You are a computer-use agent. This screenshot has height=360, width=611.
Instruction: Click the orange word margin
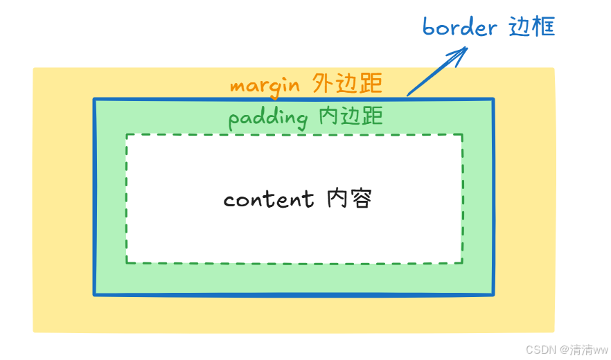pos(265,85)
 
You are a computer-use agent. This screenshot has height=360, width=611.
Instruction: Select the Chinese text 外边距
pos(347,83)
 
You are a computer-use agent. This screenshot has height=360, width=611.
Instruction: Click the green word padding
pos(267,118)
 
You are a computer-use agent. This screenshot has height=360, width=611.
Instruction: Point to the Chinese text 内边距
pos(351,116)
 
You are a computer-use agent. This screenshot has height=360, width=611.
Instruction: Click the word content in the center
pos(269,199)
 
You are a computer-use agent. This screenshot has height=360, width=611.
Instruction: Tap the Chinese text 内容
pos(351,199)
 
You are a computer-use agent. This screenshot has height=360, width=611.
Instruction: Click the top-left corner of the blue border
pos(95,100)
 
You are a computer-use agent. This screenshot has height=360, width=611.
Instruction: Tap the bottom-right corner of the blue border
pos(493,294)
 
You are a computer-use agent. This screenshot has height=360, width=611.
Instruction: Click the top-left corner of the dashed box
pos(127,135)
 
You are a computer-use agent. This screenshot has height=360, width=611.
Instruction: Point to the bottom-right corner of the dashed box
pos(462,262)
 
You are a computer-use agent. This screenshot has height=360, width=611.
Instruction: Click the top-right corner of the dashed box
pos(462,135)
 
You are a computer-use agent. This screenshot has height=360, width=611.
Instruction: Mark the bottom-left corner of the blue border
pos(95,294)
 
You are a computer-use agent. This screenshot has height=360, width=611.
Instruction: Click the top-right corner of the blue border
pos(493,100)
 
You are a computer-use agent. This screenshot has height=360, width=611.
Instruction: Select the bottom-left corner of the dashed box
pos(127,262)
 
